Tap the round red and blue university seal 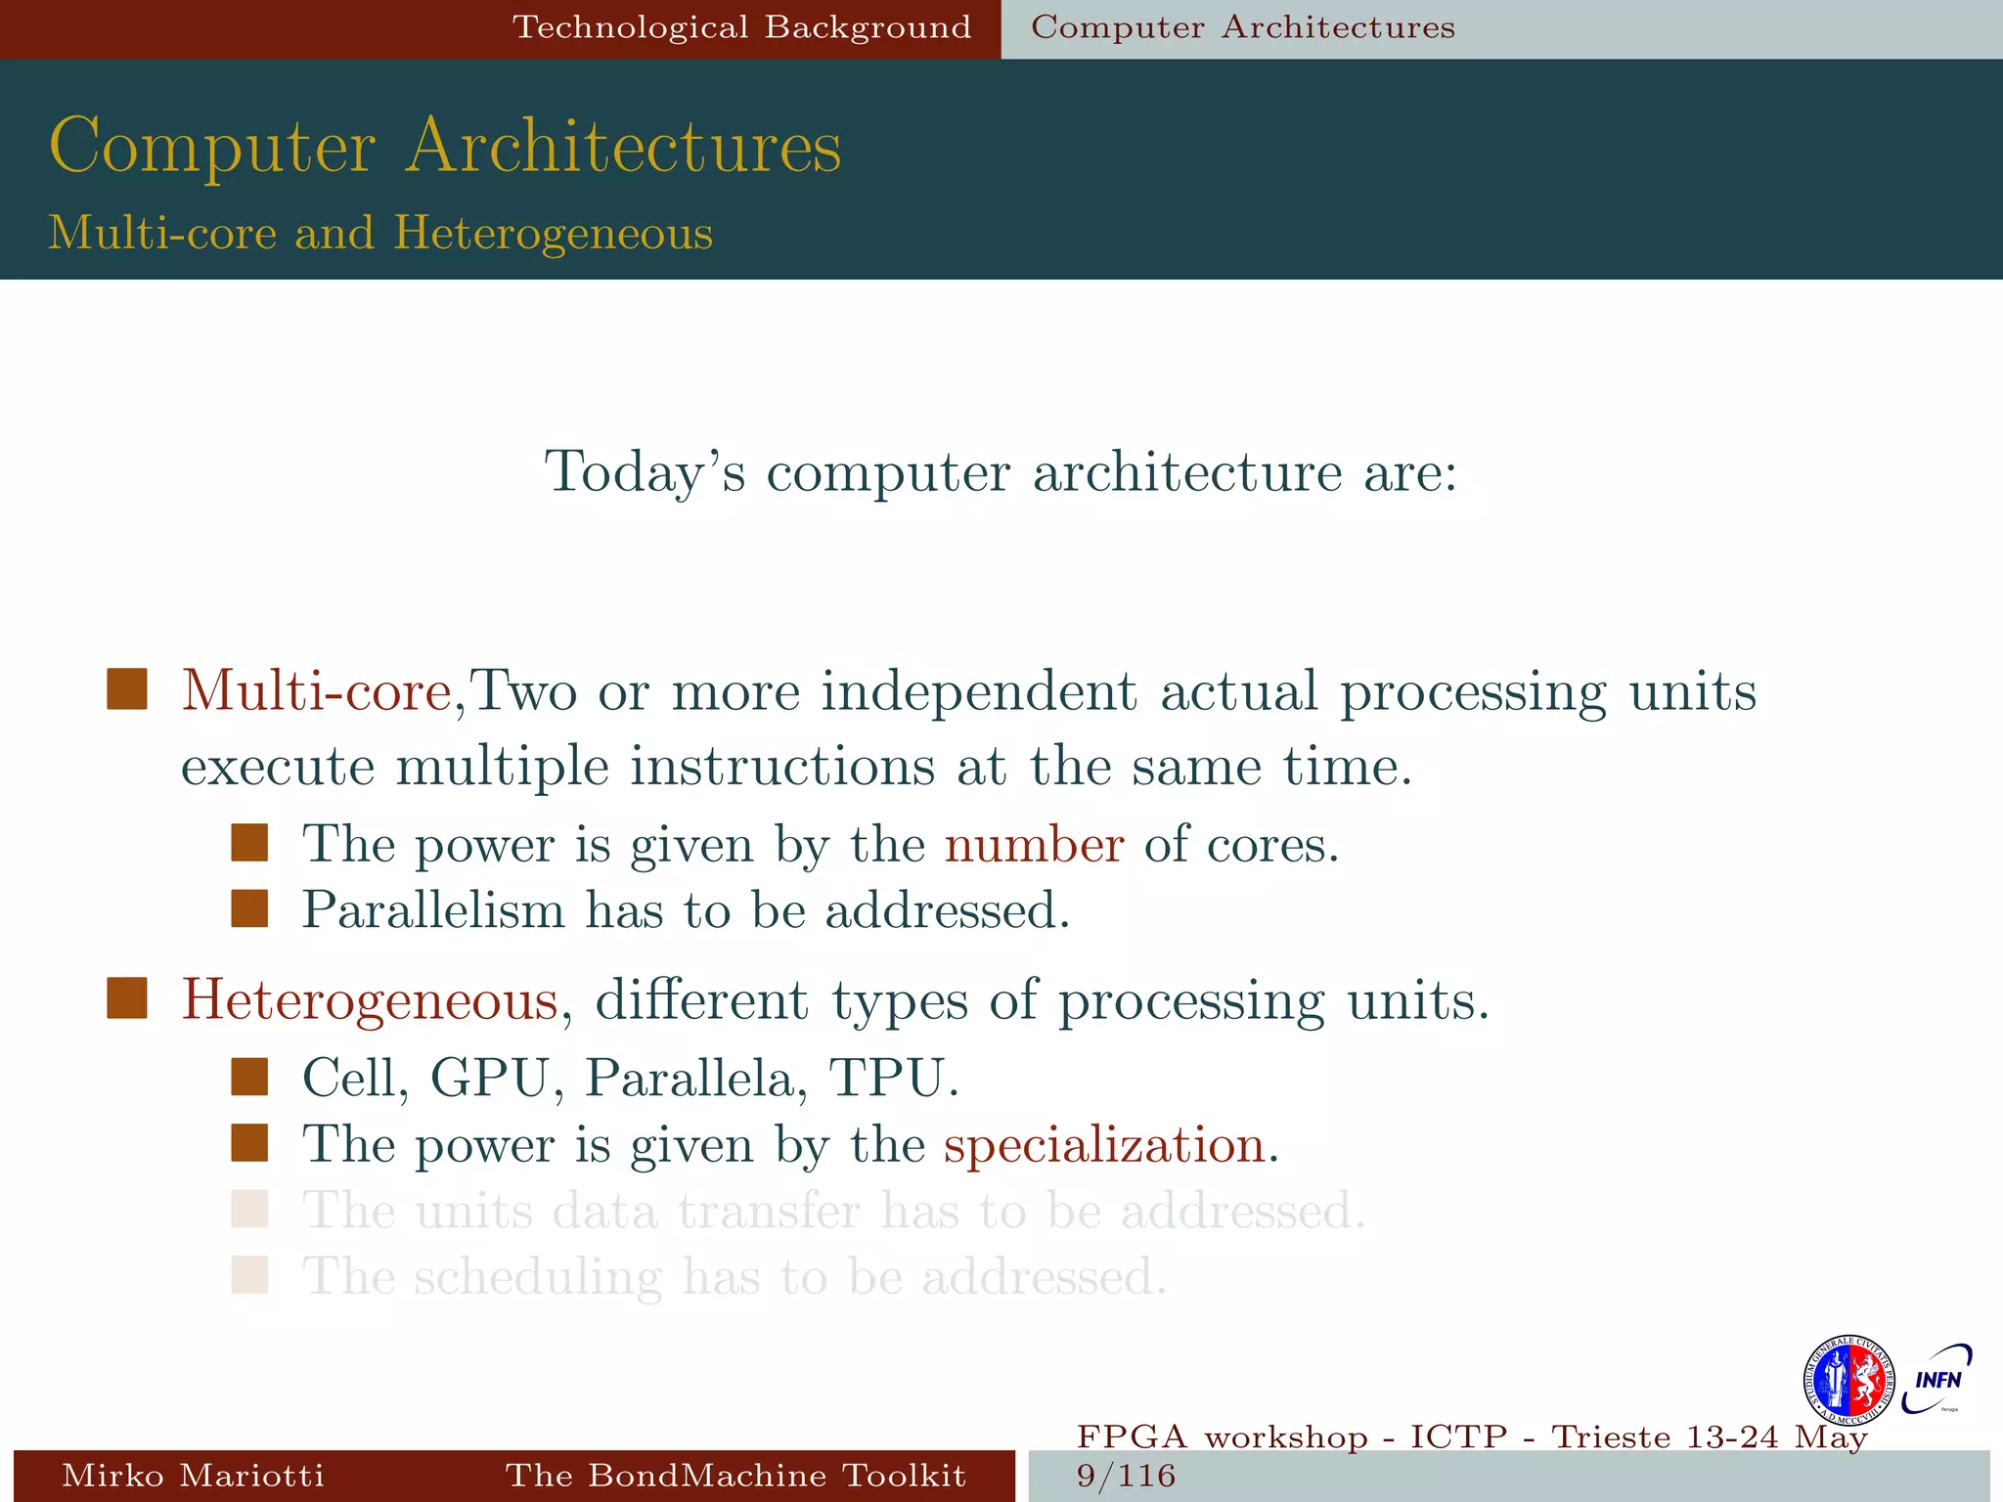coord(1847,1381)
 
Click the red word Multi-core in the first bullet coord(316,691)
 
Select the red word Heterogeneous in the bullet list coord(370,1000)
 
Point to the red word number coord(1034,845)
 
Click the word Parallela coord(695,1079)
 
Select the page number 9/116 coord(1126,1475)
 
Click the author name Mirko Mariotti coord(193,1475)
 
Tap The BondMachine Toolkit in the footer coord(735,1475)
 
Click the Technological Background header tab coord(741,27)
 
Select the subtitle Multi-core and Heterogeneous coord(380,233)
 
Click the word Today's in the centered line coord(645,473)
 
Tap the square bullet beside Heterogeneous coord(127,998)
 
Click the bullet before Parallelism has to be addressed coord(249,908)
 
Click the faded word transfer coord(768,1212)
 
